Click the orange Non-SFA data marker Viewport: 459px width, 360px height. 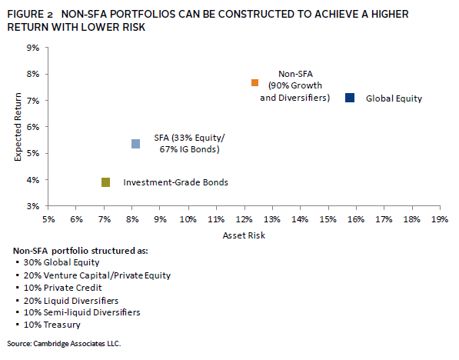click(x=254, y=82)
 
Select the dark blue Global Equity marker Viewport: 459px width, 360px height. click(x=350, y=98)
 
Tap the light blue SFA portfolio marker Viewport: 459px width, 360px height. click(x=135, y=144)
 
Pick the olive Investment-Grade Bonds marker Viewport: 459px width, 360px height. click(x=105, y=182)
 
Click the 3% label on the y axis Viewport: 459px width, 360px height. click(x=33, y=206)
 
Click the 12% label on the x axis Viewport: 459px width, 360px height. click(x=244, y=219)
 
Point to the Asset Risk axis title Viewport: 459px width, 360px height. click(x=244, y=235)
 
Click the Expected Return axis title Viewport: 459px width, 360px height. click(x=18, y=127)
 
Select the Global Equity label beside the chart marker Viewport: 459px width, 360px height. click(x=394, y=98)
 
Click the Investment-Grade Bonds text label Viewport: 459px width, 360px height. click(x=175, y=182)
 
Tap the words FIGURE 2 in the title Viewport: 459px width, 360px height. click(x=30, y=14)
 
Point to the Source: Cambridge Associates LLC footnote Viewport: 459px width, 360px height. click(x=64, y=343)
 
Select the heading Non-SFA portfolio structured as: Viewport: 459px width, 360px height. click(x=81, y=251)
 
